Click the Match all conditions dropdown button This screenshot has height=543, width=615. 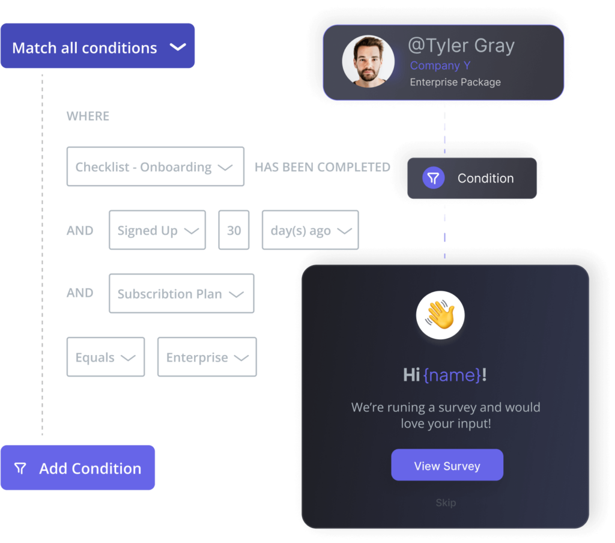tap(97, 47)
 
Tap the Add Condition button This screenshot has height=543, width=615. tap(77, 468)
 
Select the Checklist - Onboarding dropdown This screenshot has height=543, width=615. tap(155, 166)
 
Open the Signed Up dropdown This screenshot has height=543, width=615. tap(157, 230)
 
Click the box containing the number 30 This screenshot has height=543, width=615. tap(234, 230)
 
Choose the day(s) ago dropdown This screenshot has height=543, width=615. tap(310, 230)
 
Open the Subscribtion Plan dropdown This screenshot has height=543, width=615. tap(181, 294)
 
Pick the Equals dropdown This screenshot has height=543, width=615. tap(105, 357)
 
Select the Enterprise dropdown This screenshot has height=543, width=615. tap(207, 357)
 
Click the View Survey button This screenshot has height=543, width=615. tap(447, 465)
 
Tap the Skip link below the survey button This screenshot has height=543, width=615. tap(446, 503)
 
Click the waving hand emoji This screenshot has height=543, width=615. tap(440, 315)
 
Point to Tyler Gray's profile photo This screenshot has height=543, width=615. tap(368, 62)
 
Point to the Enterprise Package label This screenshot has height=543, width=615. tap(455, 82)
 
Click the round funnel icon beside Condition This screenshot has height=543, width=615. tap(433, 178)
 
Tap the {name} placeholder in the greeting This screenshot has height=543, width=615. tap(452, 375)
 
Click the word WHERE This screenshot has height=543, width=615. tap(88, 116)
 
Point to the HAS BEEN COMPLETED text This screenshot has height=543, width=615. tap(323, 168)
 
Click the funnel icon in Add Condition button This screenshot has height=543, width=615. tap(20, 469)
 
